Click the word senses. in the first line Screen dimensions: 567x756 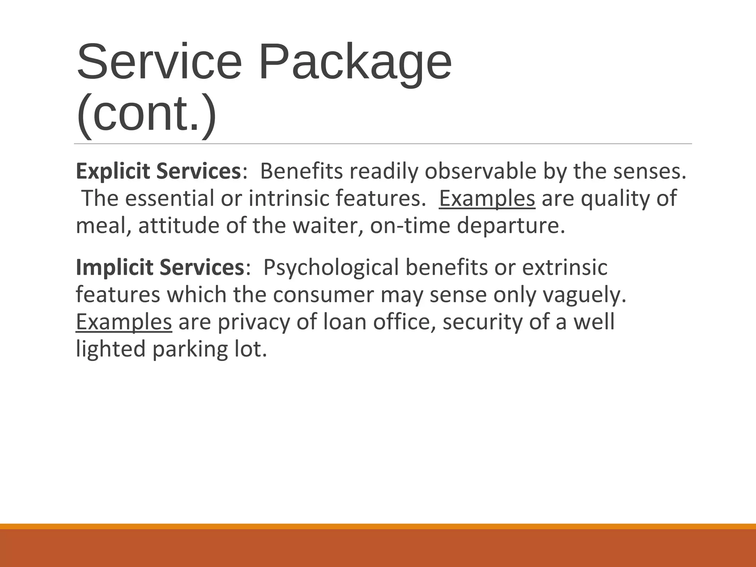click(x=650, y=172)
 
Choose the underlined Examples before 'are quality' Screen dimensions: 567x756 click(x=487, y=199)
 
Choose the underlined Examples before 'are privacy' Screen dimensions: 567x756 click(x=124, y=322)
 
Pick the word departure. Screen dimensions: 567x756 click(x=511, y=226)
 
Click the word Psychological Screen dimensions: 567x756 click(x=331, y=268)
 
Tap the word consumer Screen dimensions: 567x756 click(x=323, y=295)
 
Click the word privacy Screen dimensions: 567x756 click(x=253, y=322)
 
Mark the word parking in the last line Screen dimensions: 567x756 click(x=190, y=349)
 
